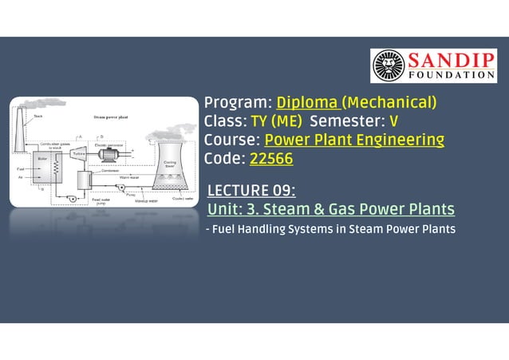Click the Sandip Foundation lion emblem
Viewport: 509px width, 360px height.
point(389,66)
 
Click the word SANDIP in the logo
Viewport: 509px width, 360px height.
point(452,61)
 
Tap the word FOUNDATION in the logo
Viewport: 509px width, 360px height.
point(452,75)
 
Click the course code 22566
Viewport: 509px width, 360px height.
point(271,159)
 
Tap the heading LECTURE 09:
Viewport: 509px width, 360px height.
point(251,191)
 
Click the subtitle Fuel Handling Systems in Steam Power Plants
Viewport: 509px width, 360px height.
point(330,230)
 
